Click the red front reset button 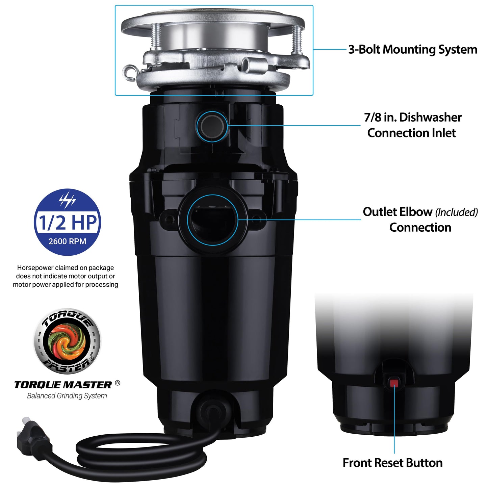pos(394,383)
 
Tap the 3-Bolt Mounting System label pos(413,49)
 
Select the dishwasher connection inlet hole pos(212,126)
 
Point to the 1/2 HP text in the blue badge pos(68,223)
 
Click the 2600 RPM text pos(67,241)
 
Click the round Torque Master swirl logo pos(67,341)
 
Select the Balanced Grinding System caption pos(67,396)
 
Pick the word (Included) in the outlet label pos(456,212)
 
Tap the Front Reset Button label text pos(392,463)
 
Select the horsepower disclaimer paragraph pos(66,276)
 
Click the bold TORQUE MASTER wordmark pos(63,385)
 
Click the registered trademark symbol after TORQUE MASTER pos(118,383)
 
